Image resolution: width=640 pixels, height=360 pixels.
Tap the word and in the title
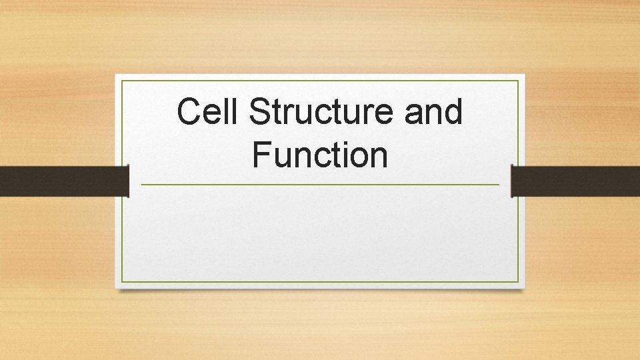(x=433, y=112)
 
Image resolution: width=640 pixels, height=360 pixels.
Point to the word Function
(x=320, y=155)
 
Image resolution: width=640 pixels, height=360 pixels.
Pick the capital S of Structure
(x=259, y=112)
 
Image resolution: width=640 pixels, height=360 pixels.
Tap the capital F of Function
(x=261, y=155)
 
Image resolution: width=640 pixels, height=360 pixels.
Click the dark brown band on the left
(x=63, y=181)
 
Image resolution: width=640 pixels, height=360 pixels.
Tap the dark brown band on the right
(x=575, y=181)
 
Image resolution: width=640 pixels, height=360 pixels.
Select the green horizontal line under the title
(x=320, y=185)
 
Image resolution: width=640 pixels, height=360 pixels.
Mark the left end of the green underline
(x=142, y=185)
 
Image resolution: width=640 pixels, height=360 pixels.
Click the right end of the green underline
(x=498, y=185)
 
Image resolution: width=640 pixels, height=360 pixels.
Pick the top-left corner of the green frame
(x=121, y=81)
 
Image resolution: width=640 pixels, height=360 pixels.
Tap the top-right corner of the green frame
(x=518, y=81)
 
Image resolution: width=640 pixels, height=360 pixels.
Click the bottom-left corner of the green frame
(x=121, y=282)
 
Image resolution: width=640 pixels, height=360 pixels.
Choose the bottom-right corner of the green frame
(x=518, y=282)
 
